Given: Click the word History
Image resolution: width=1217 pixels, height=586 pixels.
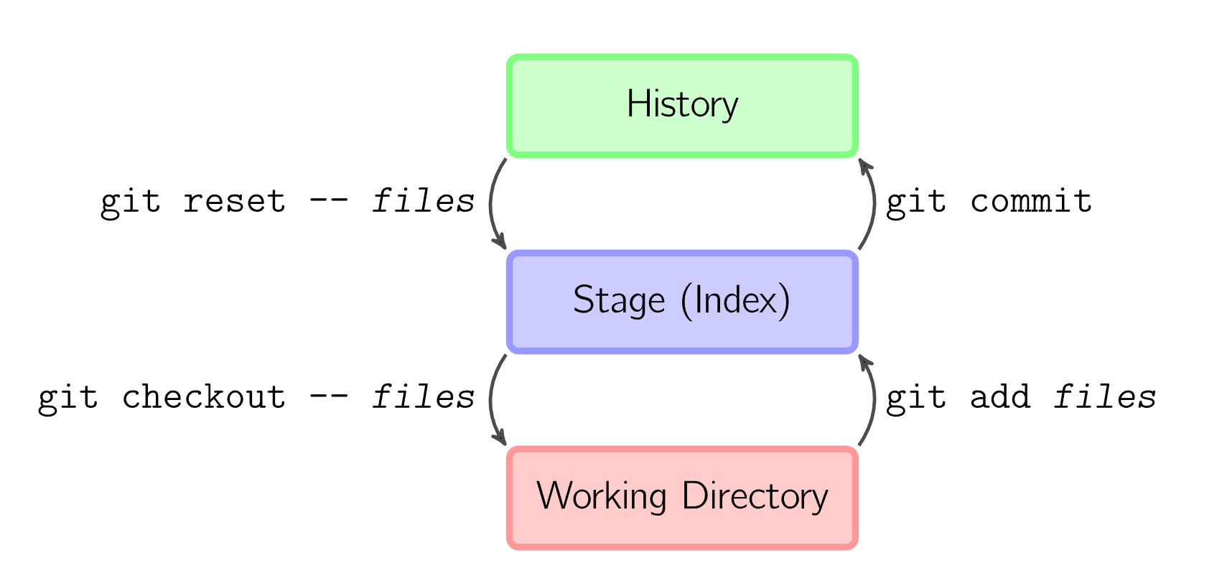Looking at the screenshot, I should (x=682, y=105).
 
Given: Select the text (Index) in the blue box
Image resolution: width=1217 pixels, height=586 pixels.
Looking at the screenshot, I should (x=735, y=300).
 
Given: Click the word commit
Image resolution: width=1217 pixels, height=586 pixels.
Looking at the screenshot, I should (x=1031, y=201).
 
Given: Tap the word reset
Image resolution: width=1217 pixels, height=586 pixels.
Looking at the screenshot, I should (x=234, y=201).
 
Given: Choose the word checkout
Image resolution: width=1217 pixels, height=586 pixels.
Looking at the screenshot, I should (x=203, y=397).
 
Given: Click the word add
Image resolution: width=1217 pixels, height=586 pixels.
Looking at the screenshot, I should (x=1000, y=397).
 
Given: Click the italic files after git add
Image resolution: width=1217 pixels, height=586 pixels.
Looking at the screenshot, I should (x=1104, y=397).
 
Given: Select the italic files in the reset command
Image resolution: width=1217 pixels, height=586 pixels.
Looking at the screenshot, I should (x=424, y=201).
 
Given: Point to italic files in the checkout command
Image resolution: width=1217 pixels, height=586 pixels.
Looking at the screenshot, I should (x=424, y=397).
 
